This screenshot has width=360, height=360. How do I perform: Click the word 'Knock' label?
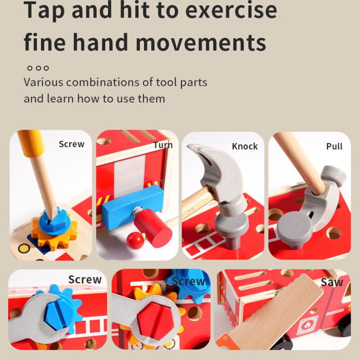point(245,146)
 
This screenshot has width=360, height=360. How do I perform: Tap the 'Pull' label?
point(334,146)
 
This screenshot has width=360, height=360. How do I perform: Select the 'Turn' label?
point(163,145)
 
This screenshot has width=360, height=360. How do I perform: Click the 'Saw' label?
point(332,282)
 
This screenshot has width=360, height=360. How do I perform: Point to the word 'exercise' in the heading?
point(231,10)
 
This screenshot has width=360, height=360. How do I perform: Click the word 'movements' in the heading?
point(201,42)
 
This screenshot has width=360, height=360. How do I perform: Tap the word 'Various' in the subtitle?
point(43,82)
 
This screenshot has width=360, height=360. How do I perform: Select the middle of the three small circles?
point(38,68)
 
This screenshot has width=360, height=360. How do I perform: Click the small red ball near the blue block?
point(135,240)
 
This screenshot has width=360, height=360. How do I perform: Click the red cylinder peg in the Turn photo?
point(153,225)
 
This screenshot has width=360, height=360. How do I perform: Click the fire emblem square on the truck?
point(307,325)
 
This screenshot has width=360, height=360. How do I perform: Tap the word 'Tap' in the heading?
point(44,10)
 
